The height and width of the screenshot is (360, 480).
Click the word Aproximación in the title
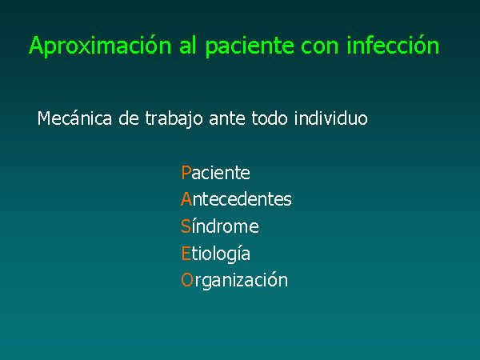[x=100, y=46]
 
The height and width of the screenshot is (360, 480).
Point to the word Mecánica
[x=74, y=118]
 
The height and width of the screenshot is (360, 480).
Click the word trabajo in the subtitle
[x=174, y=118]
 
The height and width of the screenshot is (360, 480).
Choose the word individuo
[x=331, y=118]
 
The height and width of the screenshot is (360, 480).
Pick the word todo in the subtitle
[x=270, y=118]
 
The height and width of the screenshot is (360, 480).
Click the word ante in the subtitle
[x=227, y=118]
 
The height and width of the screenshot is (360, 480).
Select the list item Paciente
[x=215, y=173]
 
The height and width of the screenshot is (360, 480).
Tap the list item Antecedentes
[x=236, y=199]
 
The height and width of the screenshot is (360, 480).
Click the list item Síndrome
[x=220, y=226]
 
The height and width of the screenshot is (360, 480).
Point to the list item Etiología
[x=216, y=254]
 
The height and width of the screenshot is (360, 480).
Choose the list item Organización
[x=234, y=280]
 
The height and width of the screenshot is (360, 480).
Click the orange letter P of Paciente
[x=186, y=173]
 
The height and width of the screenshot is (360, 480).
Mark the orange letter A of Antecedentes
[x=186, y=199]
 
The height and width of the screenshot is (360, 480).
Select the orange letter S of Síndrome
[x=186, y=226]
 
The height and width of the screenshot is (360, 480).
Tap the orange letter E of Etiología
[x=186, y=254]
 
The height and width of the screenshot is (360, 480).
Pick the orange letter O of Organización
[x=186, y=280]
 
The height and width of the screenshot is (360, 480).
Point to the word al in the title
[x=187, y=46]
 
